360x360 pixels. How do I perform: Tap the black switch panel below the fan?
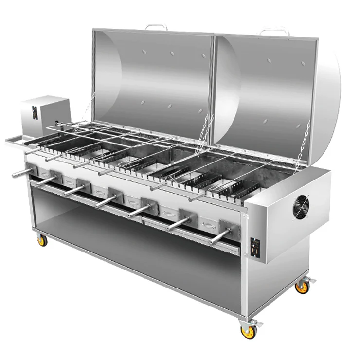253,245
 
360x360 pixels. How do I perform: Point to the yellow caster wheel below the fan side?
302,287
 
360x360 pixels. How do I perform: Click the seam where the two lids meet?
213,83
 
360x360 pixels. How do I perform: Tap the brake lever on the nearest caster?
256,324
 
